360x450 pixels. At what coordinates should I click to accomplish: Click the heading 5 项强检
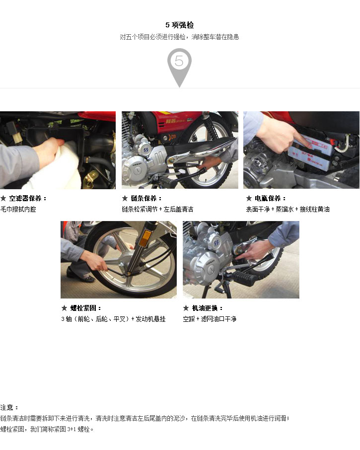coord(180,25)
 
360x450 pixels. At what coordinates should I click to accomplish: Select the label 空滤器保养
coord(25,198)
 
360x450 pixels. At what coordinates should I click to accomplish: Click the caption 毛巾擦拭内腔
coord(18,209)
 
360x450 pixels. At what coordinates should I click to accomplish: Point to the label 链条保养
coord(144,198)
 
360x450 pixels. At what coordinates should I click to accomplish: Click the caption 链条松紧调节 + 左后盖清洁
coord(157,209)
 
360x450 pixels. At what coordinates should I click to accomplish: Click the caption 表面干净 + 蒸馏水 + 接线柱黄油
coord(288,209)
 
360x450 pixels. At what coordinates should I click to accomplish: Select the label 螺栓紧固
coord(83,308)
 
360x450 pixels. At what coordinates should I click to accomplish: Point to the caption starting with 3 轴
coord(113,319)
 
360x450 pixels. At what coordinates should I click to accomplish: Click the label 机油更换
coord(205,308)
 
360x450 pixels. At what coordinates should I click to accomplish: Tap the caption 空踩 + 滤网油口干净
coord(210,319)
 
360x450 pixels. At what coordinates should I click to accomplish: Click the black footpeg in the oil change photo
coord(243,278)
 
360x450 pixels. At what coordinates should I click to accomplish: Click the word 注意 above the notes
coord(7,407)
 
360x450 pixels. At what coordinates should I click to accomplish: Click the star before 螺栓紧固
coord(64,308)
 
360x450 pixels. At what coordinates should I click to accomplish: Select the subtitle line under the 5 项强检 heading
coord(180,37)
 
